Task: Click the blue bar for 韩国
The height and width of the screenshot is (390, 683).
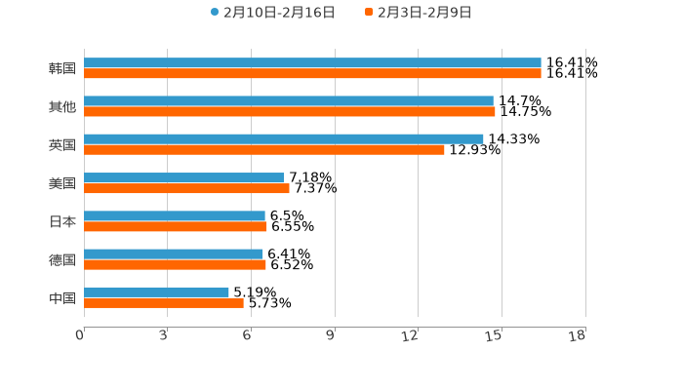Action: pos(312,62)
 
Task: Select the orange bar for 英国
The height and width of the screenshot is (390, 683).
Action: pos(263,149)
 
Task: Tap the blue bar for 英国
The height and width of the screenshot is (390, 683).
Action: pos(283,138)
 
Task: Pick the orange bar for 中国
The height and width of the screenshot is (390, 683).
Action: pos(163,302)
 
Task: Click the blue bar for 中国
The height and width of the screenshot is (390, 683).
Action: pos(156,292)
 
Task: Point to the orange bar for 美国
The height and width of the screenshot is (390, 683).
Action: pos(186,188)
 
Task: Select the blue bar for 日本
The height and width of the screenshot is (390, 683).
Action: pos(174,215)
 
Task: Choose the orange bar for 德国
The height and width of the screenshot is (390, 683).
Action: pos(175,264)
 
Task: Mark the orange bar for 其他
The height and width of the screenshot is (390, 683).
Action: pos(289,111)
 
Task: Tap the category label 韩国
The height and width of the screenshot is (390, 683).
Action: pos(62,68)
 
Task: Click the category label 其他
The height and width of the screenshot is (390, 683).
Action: pos(62,106)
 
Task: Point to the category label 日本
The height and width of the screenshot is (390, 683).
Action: pos(62,221)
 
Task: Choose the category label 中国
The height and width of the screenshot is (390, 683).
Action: pos(62,297)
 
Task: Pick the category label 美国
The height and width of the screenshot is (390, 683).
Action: pos(62,183)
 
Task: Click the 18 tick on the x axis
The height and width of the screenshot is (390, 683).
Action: pos(578,335)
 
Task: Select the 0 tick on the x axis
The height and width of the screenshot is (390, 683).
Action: pos(80,335)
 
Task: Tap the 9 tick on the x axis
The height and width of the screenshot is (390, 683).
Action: pos(331,335)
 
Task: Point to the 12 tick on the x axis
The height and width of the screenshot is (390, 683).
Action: pos(410,335)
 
